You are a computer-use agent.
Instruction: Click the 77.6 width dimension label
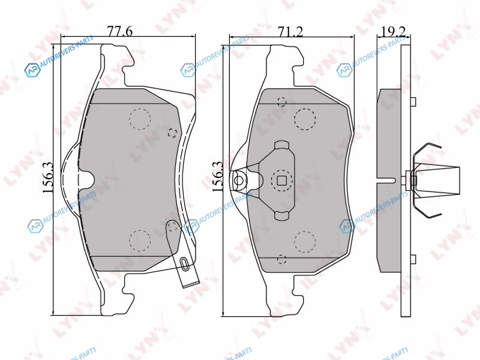coord(119,31)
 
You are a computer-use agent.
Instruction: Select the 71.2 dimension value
coord(290,32)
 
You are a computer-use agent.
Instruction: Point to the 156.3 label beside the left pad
coord(48,178)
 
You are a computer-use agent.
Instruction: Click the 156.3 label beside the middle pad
coord(218,176)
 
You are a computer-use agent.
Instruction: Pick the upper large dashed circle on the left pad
coord(140,119)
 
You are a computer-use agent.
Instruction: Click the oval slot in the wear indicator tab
coord(184,263)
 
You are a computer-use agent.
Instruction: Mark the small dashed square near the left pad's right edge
coord(173,133)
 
